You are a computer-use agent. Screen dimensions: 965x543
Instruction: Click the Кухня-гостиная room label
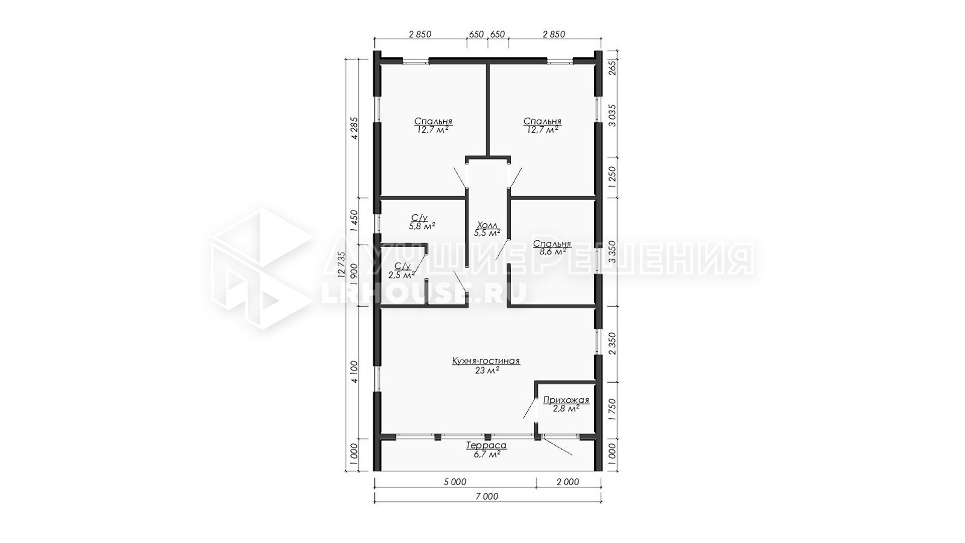point(486,361)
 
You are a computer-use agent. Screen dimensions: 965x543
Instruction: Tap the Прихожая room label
point(566,401)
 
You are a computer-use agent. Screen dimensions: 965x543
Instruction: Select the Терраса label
point(486,445)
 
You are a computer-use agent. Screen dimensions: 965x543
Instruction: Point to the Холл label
point(487,225)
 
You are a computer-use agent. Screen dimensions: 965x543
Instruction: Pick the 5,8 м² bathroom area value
point(422,226)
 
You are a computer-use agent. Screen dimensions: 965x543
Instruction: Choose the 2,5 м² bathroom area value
point(402,275)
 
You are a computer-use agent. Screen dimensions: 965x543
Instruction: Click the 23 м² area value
point(487,371)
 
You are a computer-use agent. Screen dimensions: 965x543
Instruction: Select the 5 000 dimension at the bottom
point(455,482)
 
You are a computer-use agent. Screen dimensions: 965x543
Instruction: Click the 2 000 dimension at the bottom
point(568,482)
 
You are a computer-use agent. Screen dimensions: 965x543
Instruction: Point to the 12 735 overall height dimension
point(342,264)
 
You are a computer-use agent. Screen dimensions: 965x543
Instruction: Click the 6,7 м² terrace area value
point(487,455)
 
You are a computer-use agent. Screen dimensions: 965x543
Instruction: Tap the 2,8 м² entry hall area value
point(566,409)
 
